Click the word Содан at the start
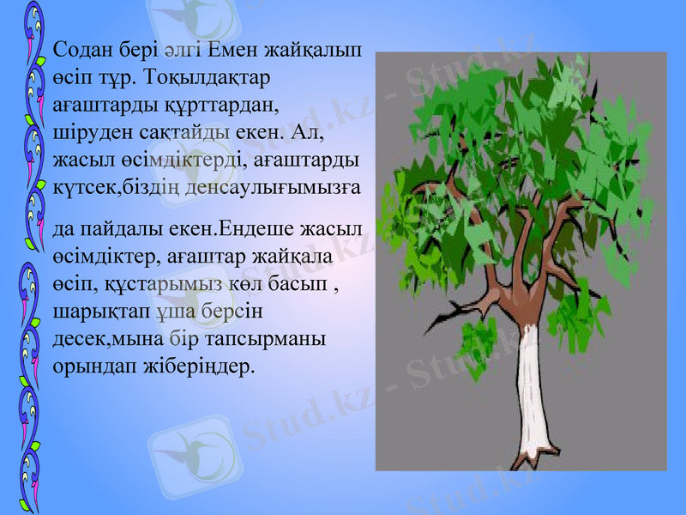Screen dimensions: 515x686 (x=80, y=50)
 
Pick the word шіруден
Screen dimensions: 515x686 (x=86, y=132)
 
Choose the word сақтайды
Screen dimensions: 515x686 (x=177, y=132)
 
